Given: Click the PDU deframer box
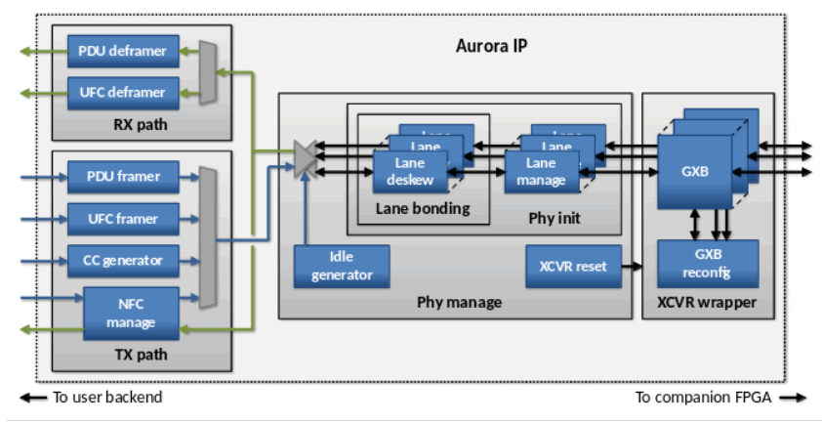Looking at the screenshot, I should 124,50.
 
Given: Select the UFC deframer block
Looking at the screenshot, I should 124,93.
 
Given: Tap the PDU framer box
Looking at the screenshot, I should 124,177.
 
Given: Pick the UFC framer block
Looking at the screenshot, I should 124,219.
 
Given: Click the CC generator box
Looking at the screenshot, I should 124,261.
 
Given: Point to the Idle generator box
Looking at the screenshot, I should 342,266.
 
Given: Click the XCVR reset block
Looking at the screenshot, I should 573,266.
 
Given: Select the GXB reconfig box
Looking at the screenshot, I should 695,264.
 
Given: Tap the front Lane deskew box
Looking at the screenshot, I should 410,172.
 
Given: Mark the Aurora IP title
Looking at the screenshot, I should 492,46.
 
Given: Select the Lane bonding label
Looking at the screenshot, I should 422,208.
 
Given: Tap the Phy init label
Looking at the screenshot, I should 553,217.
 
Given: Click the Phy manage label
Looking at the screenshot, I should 459,302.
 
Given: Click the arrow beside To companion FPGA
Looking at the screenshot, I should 794,398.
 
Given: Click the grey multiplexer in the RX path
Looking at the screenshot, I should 207,71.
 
